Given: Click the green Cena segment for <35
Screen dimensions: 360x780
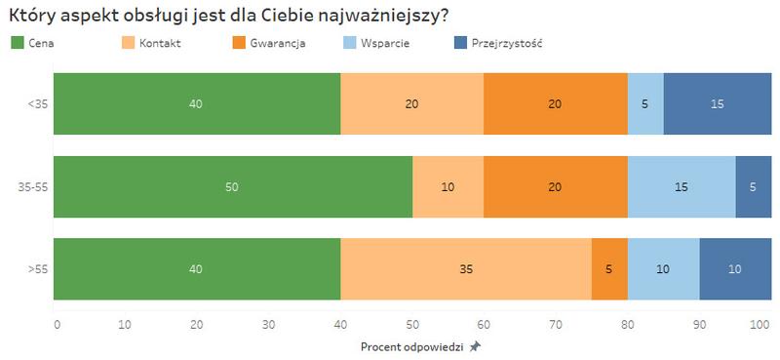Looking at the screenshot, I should coord(197,103).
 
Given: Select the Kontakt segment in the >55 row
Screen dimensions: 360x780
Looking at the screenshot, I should coord(465,268).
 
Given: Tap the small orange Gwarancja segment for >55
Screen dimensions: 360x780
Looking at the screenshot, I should coord(609,268).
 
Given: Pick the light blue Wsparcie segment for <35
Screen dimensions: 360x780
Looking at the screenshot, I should coord(645,103).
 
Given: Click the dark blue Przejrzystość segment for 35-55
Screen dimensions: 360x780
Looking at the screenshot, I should coord(754,186).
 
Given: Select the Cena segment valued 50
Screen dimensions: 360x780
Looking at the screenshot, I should coord(232,186).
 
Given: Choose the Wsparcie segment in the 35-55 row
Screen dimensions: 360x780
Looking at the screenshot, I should coord(682,186).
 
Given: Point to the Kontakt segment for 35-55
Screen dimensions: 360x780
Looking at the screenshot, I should coord(448,186).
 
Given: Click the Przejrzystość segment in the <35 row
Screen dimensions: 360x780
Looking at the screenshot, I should coord(718,103).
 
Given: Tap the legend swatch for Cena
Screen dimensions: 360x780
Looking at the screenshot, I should coord(17,43).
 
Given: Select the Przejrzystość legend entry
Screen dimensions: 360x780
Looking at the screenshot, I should coord(506,43).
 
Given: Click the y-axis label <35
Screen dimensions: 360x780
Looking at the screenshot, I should coord(38,103).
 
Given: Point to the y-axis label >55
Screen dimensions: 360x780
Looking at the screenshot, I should coord(38,268).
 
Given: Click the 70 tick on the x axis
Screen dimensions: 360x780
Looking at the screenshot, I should coord(555,323).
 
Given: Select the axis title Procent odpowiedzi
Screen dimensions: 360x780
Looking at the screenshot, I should coord(411,346).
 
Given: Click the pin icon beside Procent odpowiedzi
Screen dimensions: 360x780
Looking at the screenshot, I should coord(475,346).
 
